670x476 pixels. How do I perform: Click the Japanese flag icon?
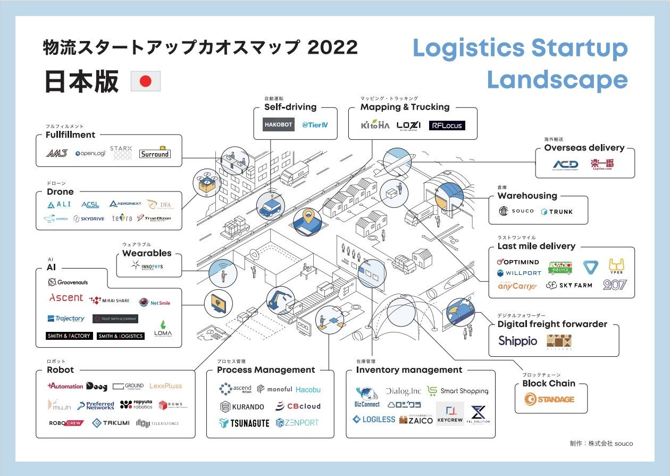point(145,81)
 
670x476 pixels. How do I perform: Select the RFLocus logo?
point(447,126)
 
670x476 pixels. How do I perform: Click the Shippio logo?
point(518,341)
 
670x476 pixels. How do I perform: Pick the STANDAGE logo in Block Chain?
point(549,399)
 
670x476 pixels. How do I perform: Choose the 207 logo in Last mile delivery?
point(615,285)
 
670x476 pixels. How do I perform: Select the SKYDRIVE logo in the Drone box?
point(91,219)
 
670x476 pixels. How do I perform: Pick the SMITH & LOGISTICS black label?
point(121,336)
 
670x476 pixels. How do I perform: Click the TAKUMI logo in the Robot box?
point(111,423)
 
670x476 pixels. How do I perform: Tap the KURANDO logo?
point(241,406)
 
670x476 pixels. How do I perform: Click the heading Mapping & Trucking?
point(405,107)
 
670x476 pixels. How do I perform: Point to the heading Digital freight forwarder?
point(552,324)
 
